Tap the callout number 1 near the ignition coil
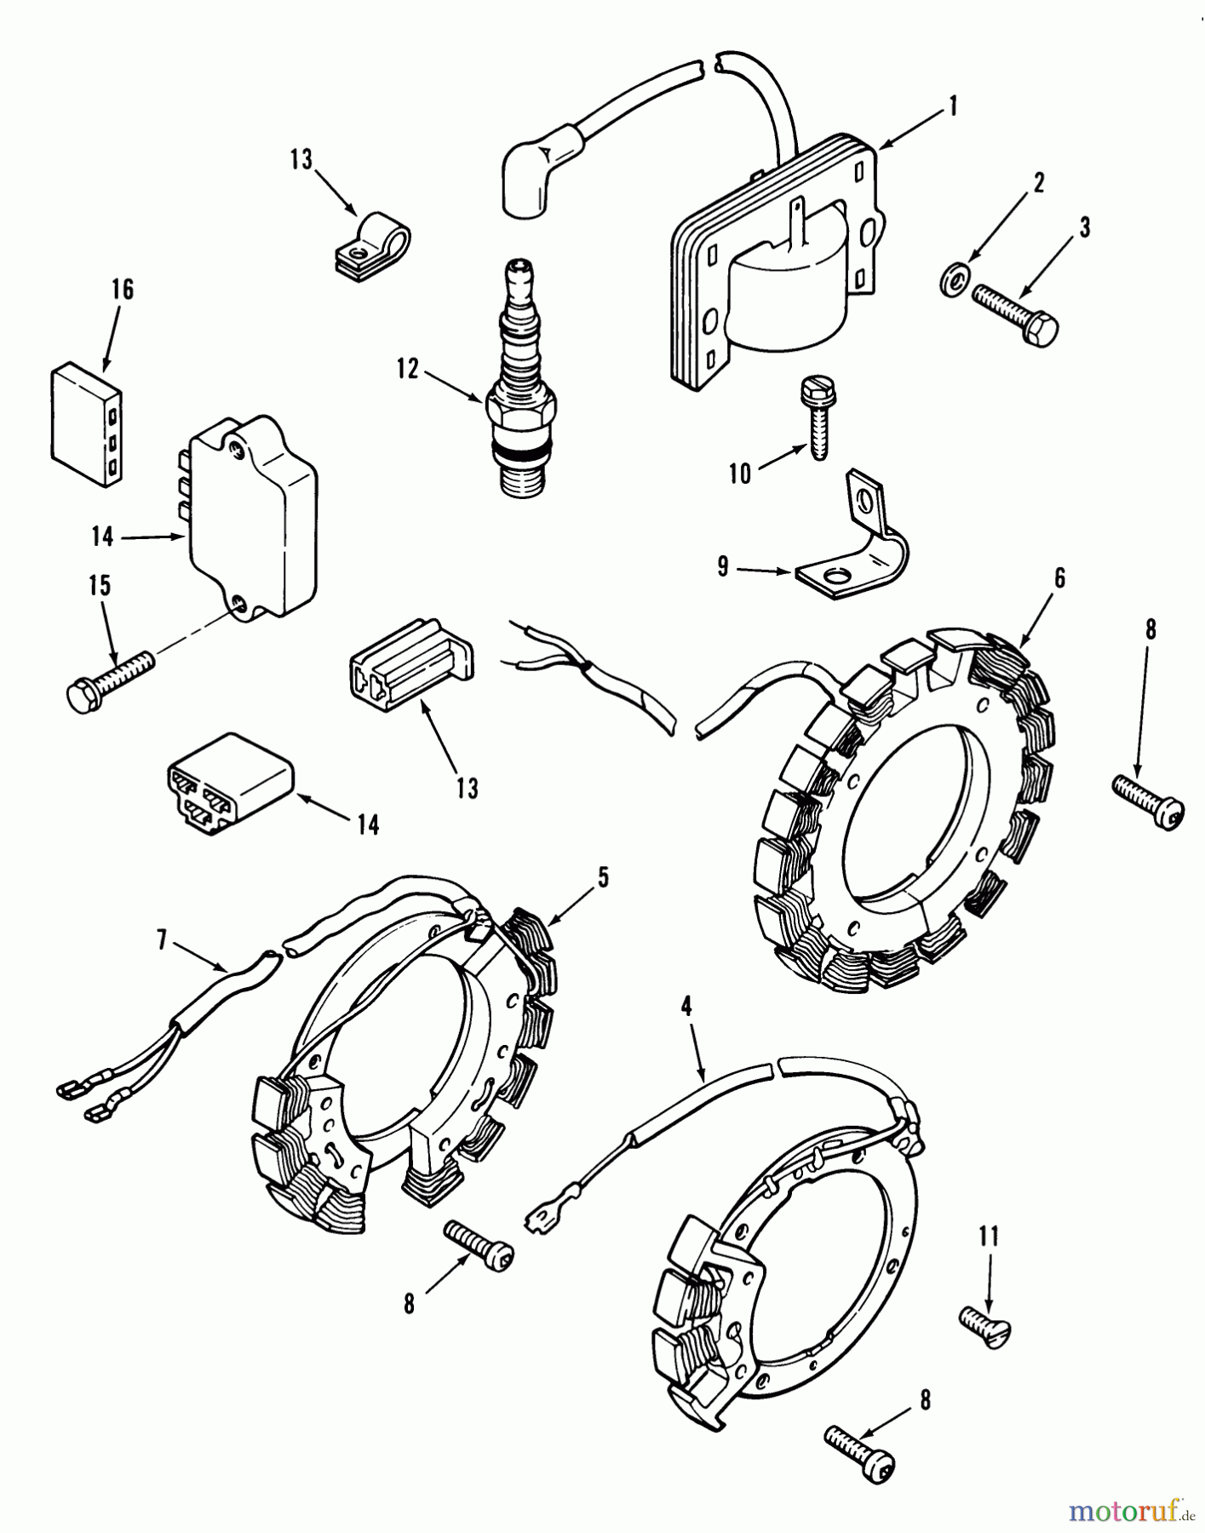pyautogui.click(x=953, y=106)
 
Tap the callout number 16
pyautogui.click(x=123, y=290)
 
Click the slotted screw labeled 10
pyautogui.click(x=815, y=416)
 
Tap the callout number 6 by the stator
pyautogui.click(x=1059, y=578)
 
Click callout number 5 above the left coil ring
pyautogui.click(x=603, y=877)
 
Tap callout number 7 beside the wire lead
pyautogui.click(x=161, y=940)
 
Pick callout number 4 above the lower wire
pyautogui.click(x=686, y=1006)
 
